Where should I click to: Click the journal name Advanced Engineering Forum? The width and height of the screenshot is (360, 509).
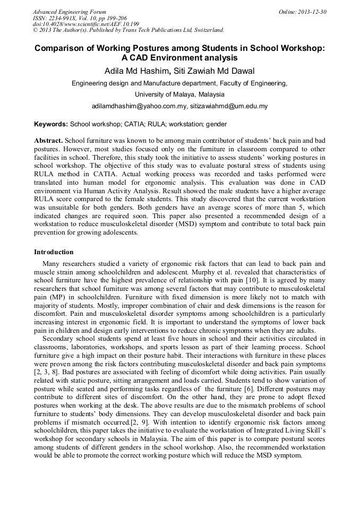click(x=69, y=12)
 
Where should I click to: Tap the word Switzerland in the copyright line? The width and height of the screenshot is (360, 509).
click(x=205, y=31)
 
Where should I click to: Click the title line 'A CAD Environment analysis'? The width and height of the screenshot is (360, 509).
click(x=179, y=58)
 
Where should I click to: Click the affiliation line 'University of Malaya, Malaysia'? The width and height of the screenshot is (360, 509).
click(x=179, y=94)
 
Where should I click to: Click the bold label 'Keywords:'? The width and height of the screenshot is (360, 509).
click(x=51, y=124)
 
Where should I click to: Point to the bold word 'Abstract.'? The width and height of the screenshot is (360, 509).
click(x=48, y=141)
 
